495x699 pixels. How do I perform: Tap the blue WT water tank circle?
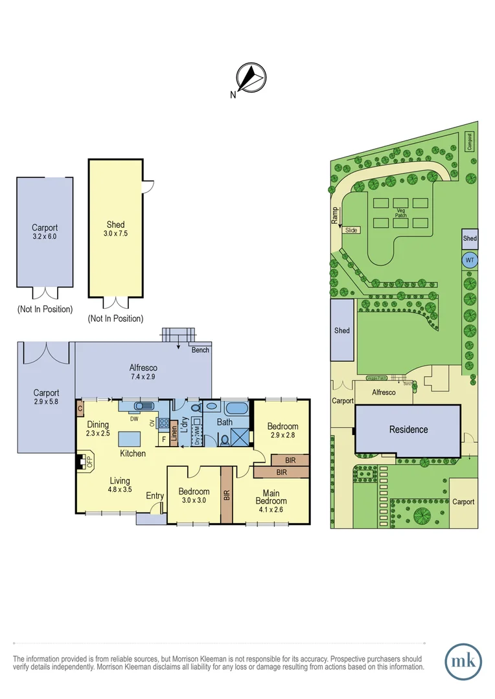[469, 260]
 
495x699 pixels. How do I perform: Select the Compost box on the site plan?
[470, 142]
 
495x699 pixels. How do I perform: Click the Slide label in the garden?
[351, 230]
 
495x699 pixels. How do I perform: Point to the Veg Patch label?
[400, 213]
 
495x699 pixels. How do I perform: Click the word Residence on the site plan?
[408, 429]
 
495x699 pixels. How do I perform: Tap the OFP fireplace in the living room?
[81, 461]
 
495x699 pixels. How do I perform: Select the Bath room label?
[225, 422]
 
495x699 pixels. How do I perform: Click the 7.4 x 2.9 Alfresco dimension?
[143, 377]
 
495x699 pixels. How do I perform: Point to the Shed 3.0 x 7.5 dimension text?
[115, 234]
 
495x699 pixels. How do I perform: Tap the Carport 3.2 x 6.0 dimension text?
[45, 237]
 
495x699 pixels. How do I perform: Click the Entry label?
[155, 496]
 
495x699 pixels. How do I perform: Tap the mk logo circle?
[463, 661]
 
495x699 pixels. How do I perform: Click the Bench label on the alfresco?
[200, 350]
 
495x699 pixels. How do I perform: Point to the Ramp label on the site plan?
[336, 215]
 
